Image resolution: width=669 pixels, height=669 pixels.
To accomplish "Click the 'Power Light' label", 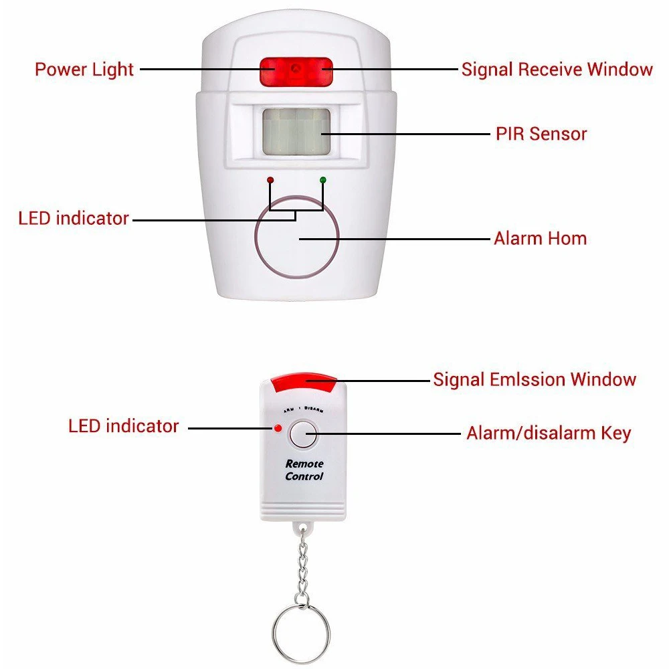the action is [x=84, y=69].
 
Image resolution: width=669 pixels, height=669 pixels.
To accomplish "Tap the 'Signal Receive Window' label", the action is [x=557, y=69].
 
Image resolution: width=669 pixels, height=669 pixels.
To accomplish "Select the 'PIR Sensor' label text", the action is [x=541, y=134].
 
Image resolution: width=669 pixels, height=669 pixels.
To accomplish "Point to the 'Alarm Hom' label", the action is [x=540, y=238].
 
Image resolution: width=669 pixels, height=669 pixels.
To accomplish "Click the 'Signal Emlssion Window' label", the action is [x=535, y=379].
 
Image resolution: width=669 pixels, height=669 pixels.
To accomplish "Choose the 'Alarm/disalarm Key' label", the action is [x=549, y=433].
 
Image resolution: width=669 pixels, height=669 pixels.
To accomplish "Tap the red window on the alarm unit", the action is [x=296, y=71].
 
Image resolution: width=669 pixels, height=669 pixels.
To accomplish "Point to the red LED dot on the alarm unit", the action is [x=270, y=180].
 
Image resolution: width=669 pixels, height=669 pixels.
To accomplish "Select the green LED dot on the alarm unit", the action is [x=323, y=180].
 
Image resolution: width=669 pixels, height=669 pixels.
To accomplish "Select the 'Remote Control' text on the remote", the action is [x=304, y=470].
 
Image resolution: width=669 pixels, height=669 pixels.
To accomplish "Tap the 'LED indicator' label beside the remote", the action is [x=124, y=426].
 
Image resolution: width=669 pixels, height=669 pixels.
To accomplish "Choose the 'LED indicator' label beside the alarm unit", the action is [x=74, y=218].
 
